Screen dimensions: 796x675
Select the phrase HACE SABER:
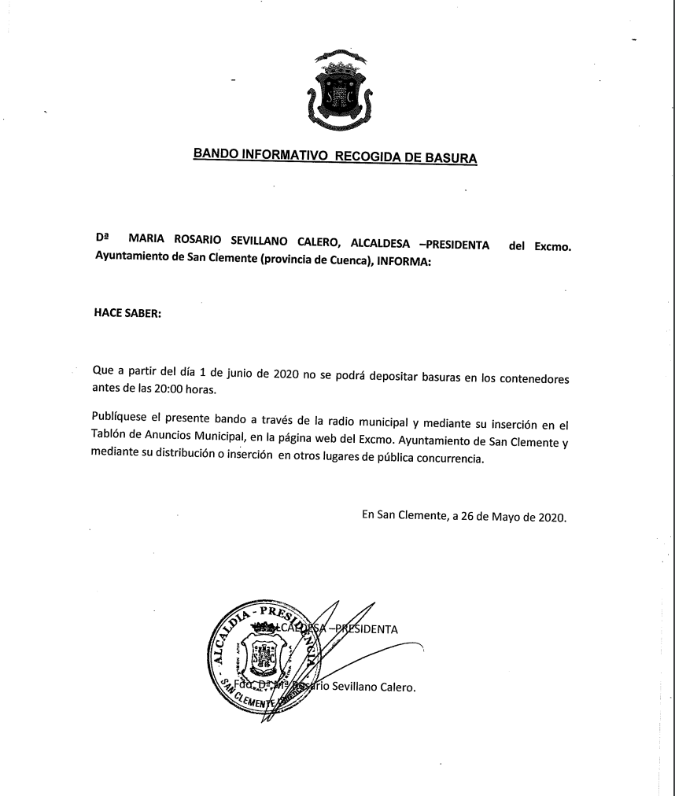pos(127,313)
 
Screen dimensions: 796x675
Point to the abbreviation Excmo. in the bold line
pos(552,247)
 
